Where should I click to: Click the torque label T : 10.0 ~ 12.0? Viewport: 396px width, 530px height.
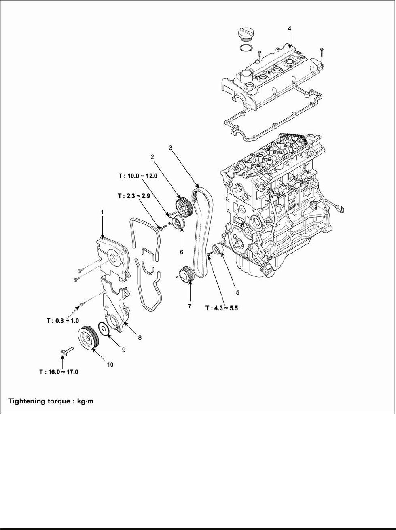pyautogui.click(x=138, y=176)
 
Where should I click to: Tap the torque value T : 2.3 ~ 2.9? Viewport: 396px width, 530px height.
pyautogui.click(x=134, y=196)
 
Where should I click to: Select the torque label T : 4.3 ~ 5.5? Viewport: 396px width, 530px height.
pyautogui.click(x=222, y=308)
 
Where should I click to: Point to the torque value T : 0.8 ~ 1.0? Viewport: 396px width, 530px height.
pyautogui.click(x=63, y=321)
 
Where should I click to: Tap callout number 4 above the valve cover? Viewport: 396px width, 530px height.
pyautogui.click(x=289, y=28)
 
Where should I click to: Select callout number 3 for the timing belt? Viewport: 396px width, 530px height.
pyautogui.click(x=171, y=148)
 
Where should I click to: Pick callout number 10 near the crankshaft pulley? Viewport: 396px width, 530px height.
pyautogui.click(x=110, y=365)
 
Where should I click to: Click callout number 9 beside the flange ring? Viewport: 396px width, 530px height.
pyautogui.click(x=123, y=350)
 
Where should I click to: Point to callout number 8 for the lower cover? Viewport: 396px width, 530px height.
pyautogui.click(x=140, y=337)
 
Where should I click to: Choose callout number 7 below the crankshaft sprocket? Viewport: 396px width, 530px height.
pyautogui.click(x=190, y=306)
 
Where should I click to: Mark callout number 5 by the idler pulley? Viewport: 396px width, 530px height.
pyautogui.click(x=237, y=293)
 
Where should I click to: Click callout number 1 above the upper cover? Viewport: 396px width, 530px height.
pyautogui.click(x=102, y=212)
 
